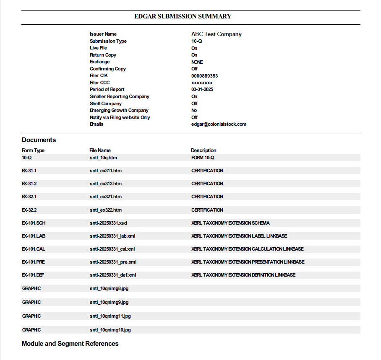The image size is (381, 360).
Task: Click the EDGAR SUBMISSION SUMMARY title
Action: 183,17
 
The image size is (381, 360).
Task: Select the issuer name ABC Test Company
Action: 216,34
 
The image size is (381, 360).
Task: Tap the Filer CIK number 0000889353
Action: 204,76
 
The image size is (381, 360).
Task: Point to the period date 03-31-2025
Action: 202,90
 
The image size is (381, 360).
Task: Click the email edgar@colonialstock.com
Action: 219,124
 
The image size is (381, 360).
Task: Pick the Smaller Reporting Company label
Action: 119,96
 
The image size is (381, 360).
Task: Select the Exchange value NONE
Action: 197,62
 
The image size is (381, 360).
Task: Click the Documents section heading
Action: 39,140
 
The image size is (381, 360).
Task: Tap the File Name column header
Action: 100,150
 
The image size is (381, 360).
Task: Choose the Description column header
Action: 204,150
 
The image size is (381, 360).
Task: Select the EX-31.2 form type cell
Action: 29,184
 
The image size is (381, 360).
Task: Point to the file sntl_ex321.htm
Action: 105,197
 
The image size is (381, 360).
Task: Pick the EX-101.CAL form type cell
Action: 33,249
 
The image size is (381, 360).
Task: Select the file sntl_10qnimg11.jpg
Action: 110,316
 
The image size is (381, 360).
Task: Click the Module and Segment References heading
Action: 70,344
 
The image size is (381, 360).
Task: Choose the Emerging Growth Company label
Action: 119,110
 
